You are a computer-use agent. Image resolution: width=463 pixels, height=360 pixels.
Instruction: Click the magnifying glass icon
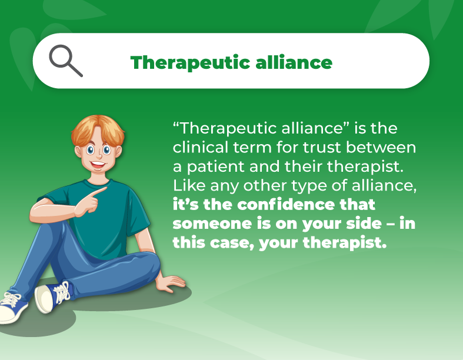click(65, 61)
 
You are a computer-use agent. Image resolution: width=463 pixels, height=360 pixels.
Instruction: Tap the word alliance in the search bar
click(296, 62)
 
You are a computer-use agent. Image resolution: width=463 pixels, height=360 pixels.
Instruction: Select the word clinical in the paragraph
click(198, 146)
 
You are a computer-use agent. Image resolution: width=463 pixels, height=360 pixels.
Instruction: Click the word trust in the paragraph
click(312, 146)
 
